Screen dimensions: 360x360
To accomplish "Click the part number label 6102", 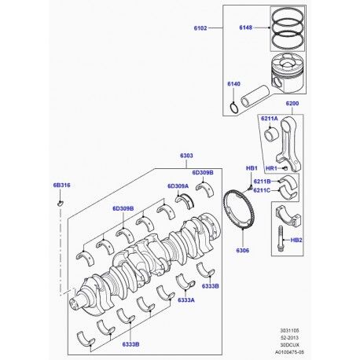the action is point(200,28).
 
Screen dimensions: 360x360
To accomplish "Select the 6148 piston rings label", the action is point(245,28).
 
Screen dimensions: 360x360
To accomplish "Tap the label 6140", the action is point(233,84).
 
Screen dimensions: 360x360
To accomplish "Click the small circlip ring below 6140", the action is point(233,108).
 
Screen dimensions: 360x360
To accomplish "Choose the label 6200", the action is point(292,104).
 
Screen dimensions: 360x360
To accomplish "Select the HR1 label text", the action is point(271,168).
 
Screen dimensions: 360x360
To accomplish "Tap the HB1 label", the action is point(252,168).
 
